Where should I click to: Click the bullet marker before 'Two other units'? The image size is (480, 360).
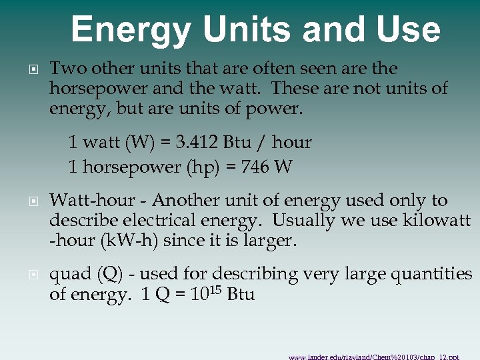tap(33, 69)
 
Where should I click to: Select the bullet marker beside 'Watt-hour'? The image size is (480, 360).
tap(33, 201)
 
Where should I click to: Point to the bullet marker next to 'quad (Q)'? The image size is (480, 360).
tap(33, 275)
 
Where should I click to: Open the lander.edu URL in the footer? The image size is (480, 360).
tap(373, 357)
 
